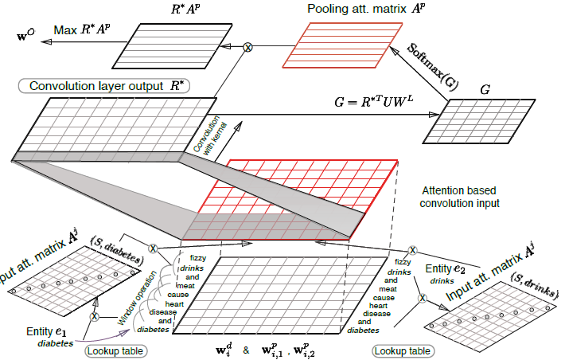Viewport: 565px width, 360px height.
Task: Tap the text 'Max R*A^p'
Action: tap(80, 31)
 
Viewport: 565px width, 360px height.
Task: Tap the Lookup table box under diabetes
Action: tap(115, 350)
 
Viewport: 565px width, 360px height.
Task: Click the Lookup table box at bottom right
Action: tap(402, 350)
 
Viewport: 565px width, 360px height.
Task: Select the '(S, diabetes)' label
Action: tap(118, 252)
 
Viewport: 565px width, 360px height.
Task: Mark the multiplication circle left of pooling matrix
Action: tap(247, 48)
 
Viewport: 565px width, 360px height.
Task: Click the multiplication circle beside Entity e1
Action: tap(95, 316)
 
